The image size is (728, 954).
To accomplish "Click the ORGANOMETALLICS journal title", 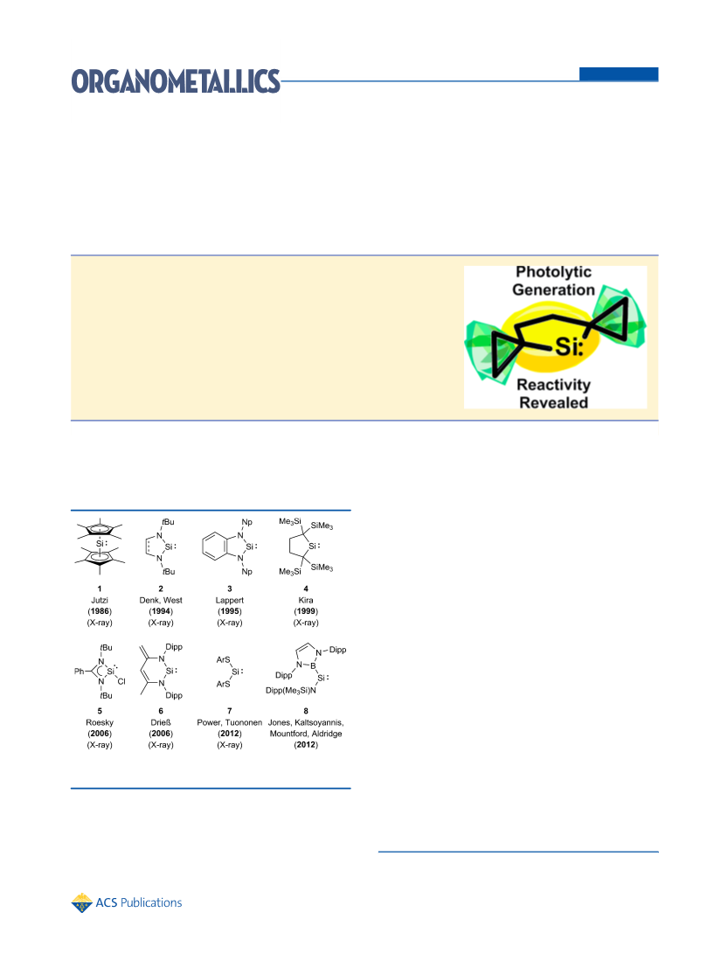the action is pos(176,81).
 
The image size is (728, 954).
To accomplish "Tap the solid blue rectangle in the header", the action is pos(619,73).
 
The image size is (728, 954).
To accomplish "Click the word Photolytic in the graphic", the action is pos(553,272).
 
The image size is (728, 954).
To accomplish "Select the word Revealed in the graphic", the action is pos(553,402).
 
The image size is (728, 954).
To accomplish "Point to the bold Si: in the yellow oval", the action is pos(569,346).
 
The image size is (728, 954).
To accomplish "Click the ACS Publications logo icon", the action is pos(81,903).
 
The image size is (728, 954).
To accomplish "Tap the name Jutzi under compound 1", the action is pos(100,600).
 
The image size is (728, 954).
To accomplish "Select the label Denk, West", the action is pos(161,600).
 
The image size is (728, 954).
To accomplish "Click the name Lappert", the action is pos(229,600).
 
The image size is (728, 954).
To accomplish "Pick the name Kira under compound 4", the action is pos(306,600).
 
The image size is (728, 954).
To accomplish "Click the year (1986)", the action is pos(100,611).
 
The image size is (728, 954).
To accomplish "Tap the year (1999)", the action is pos(306,611).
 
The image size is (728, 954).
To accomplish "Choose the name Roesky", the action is pos(100,722).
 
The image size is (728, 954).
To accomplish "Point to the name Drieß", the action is pos(161,722).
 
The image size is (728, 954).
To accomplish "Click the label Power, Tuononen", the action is pos(229,722).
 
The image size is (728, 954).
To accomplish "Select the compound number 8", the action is pos(306,711).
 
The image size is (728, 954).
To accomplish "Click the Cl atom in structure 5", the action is pos(121,681).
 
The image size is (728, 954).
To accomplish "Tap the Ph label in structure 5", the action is pos(79,671).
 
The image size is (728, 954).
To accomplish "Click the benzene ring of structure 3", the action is pos(214,547).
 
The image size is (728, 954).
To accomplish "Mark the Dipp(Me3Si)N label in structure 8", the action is pos(291,691).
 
